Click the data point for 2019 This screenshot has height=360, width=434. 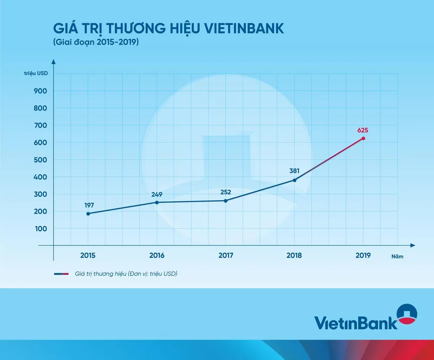pos(363,138)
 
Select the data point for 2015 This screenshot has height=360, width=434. pos(88,213)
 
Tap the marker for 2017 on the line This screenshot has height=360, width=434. pos(226,200)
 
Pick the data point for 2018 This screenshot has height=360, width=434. pos(295,180)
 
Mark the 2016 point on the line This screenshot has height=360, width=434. pos(157,202)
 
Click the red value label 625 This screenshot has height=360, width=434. pos(363,130)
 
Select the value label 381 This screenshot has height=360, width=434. pos(295,170)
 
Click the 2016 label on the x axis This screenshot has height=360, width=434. pos(157,255)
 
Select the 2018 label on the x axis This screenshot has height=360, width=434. pos(295,255)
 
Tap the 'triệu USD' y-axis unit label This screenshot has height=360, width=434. pos(36,72)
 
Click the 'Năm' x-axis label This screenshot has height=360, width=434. pos(397,256)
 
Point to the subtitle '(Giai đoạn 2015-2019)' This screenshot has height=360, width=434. pos(96,43)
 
